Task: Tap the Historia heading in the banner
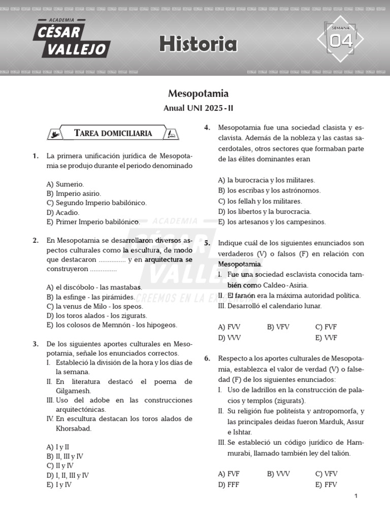click(x=198, y=45)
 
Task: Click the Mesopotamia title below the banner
click(x=198, y=94)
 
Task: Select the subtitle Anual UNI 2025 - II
click(x=198, y=108)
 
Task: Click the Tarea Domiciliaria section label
click(x=113, y=134)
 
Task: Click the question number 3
click(x=36, y=344)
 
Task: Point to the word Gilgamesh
click(x=74, y=391)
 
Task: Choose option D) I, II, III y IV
click(x=68, y=475)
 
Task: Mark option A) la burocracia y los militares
click(x=266, y=180)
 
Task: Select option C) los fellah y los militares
click(x=259, y=201)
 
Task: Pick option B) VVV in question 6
click(x=278, y=474)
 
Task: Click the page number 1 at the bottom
click(x=356, y=496)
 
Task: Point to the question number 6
click(x=207, y=359)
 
